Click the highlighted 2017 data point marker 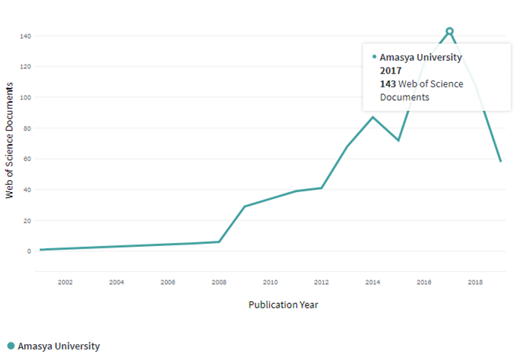point(449,31)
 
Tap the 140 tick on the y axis point(26,36)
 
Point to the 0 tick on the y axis point(29,251)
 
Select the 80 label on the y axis point(27,128)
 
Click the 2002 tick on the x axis point(65,283)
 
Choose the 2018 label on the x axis point(475,283)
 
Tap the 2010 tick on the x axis point(270,283)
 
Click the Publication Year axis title point(283,305)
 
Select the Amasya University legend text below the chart point(59,346)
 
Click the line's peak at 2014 point(372,117)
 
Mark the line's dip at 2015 point(398,141)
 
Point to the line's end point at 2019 point(500,161)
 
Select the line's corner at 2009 point(244,207)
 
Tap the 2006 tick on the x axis point(168,283)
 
